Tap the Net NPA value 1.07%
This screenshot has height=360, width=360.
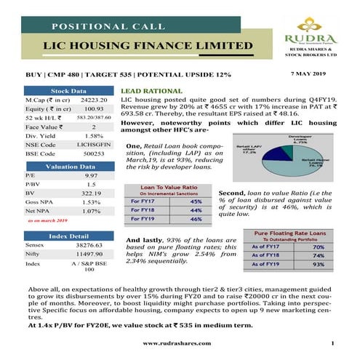[x=92, y=211]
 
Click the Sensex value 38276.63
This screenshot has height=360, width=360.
[x=92, y=247]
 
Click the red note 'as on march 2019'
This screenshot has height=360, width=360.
[x=48, y=220]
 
